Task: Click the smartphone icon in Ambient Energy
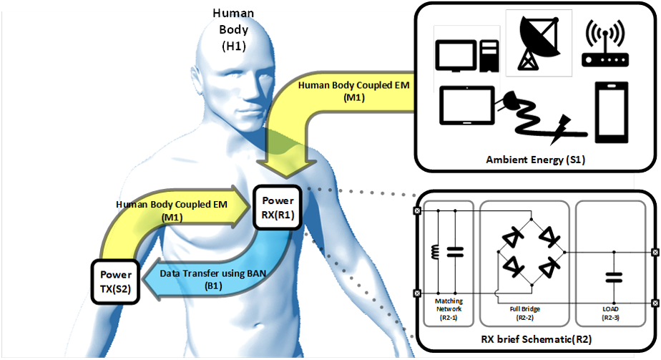pos(612,111)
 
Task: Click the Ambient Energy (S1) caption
pos(536,160)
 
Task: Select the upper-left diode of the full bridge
pos(513,236)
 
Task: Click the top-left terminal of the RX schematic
pos(417,211)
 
